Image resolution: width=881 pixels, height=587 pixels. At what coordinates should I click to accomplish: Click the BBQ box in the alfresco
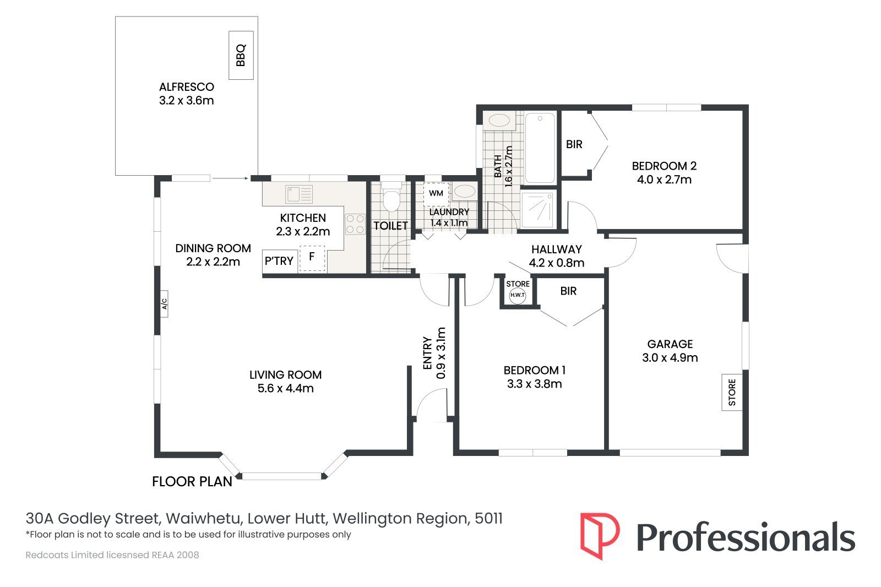(x=241, y=55)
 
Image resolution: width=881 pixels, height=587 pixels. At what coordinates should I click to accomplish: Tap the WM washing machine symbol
(x=436, y=194)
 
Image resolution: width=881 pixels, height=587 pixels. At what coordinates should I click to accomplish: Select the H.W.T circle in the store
(x=517, y=295)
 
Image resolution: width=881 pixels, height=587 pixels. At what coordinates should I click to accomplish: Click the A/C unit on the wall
(x=164, y=304)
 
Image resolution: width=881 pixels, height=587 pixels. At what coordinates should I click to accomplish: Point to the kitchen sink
(x=300, y=194)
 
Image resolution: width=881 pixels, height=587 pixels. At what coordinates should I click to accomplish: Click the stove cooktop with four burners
(x=355, y=224)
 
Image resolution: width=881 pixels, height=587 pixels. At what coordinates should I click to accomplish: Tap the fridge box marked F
(x=312, y=258)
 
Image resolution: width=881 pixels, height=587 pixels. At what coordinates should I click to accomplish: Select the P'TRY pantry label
(x=279, y=261)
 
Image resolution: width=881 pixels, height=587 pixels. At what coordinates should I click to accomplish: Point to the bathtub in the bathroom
(x=540, y=148)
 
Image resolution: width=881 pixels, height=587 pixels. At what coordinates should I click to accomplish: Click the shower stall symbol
(x=539, y=209)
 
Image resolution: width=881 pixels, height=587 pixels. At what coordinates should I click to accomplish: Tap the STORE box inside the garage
(x=732, y=392)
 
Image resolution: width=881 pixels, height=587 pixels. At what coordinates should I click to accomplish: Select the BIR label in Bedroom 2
(x=574, y=144)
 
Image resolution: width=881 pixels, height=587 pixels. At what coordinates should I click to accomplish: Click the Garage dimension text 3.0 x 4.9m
(x=670, y=357)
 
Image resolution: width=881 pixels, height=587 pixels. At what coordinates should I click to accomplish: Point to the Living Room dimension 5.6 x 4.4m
(x=286, y=388)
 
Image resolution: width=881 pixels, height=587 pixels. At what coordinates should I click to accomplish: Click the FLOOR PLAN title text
(x=192, y=482)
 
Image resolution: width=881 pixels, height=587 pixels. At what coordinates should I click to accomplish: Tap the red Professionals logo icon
(x=600, y=536)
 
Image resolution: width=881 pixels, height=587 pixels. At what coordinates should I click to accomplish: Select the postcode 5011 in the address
(x=488, y=519)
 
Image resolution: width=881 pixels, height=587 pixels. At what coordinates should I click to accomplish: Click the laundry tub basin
(x=465, y=192)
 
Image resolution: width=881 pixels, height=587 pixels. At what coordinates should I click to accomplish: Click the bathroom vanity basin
(x=499, y=121)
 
